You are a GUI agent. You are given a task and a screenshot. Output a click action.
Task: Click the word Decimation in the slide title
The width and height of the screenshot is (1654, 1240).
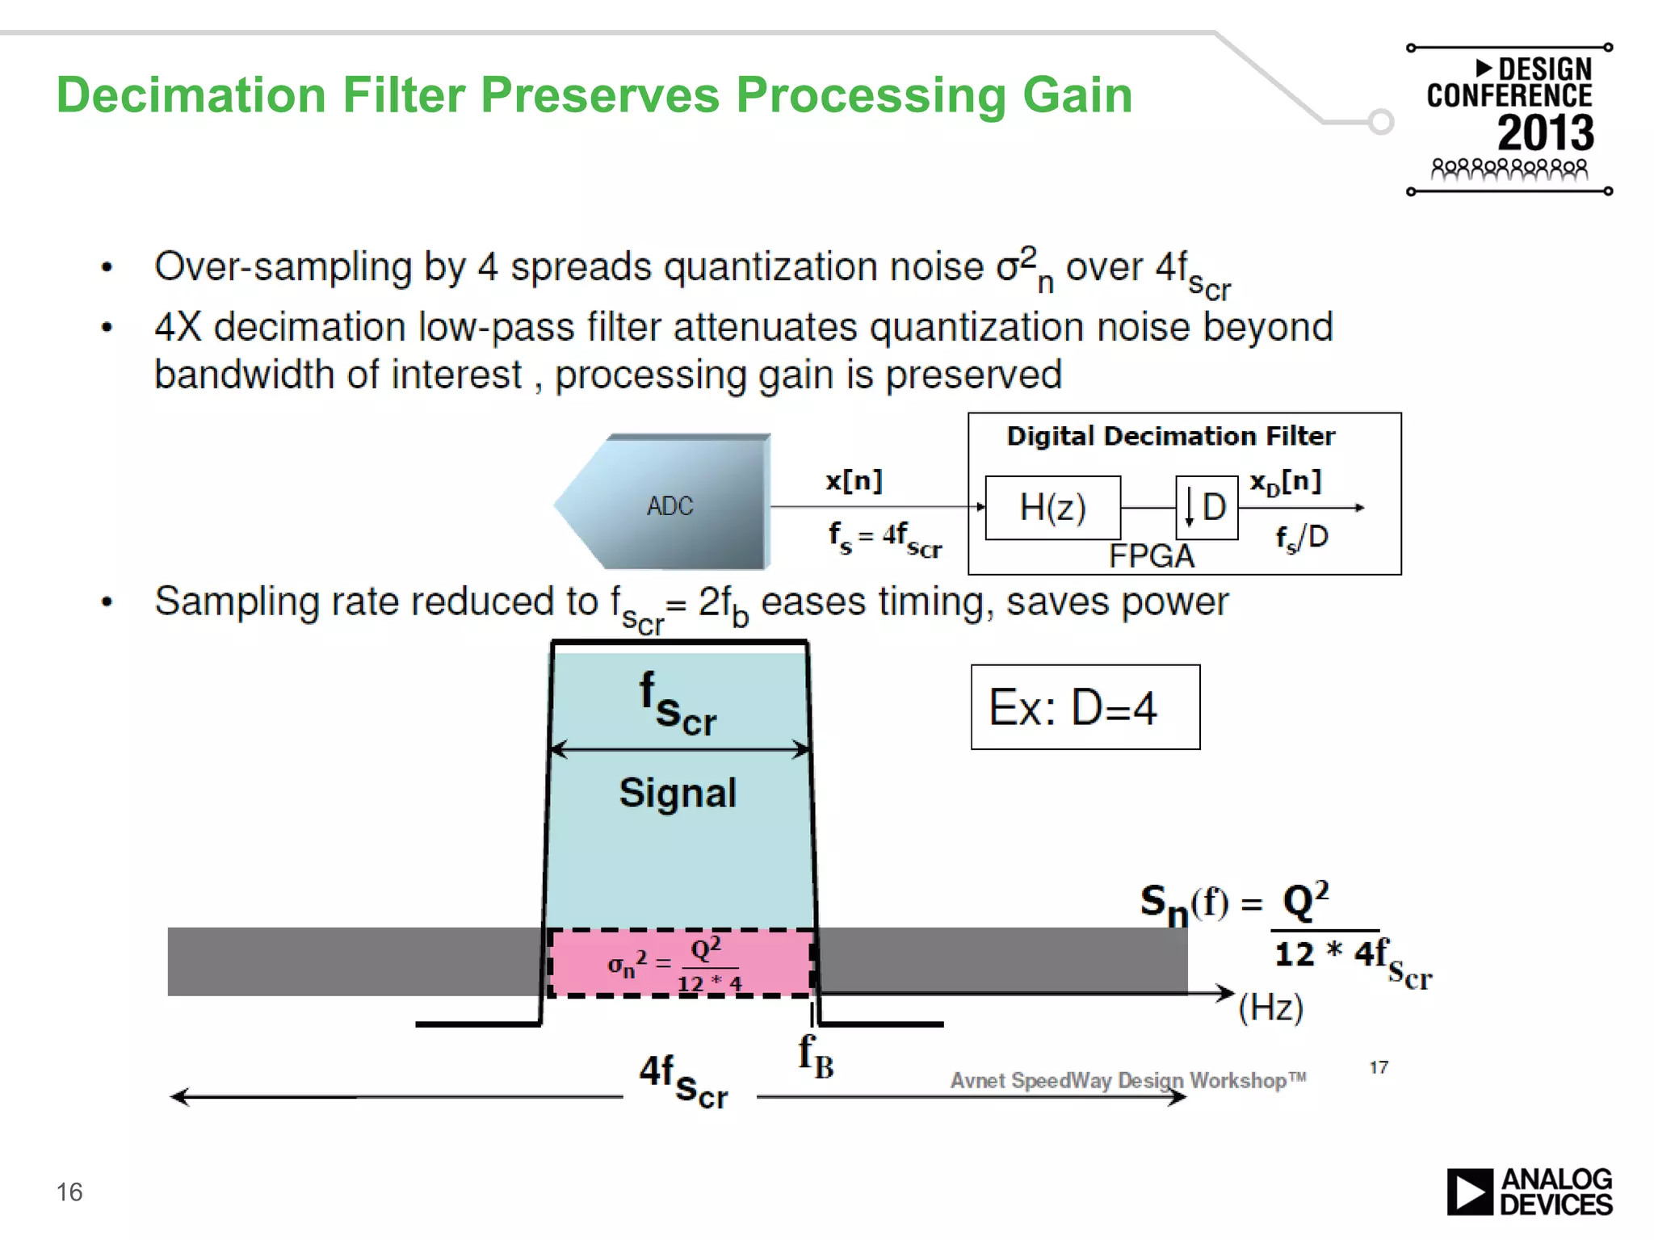[x=191, y=95]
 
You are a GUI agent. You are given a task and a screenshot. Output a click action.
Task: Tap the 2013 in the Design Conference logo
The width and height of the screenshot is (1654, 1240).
[x=1546, y=133]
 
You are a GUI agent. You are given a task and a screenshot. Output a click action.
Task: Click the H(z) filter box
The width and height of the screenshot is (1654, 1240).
[x=1052, y=508]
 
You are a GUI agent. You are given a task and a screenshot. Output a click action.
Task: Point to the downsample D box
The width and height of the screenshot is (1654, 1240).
[x=1207, y=508]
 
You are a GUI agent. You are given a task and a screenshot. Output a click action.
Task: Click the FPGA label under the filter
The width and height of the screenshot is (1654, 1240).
[x=1151, y=556]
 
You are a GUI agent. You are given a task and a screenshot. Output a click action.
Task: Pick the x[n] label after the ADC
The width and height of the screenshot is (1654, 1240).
[x=854, y=481]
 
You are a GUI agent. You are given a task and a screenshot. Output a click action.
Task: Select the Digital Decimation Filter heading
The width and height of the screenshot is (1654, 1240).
[x=1170, y=437]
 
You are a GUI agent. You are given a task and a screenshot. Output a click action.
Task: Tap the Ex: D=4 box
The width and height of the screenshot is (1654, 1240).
[x=1085, y=707]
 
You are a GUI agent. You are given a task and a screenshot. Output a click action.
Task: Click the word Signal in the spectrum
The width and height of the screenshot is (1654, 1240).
[x=678, y=793]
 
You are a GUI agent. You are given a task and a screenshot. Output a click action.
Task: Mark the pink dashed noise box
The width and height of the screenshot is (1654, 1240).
[x=680, y=963]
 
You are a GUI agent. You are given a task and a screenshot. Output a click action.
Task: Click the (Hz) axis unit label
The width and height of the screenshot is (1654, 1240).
[x=1271, y=1007]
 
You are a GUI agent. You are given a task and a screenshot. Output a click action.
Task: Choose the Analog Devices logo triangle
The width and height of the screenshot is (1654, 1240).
[x=1469, y=1192]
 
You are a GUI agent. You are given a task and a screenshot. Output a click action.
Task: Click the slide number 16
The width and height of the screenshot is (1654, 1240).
[x=69, y=1192]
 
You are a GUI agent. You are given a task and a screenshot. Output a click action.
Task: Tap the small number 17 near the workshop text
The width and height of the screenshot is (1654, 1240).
[x=1379, y=1067]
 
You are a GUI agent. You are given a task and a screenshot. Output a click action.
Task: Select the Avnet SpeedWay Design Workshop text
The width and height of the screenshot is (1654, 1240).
[x=1127, y=1080]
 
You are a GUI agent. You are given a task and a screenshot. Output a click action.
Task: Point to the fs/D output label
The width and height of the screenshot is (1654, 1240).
[x=1302, y=538]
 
